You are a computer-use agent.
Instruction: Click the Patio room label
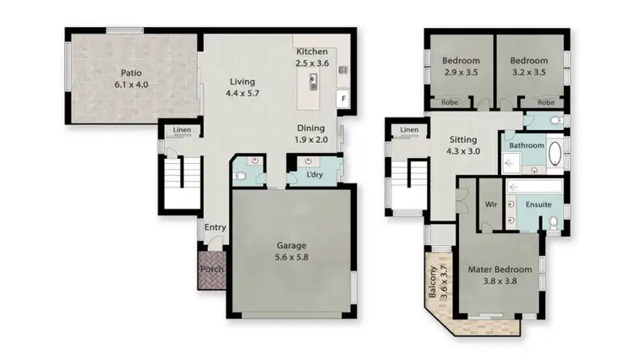tap(130, 73)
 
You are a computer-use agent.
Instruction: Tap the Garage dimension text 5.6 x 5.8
tap(292, 259)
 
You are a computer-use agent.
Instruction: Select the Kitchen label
tap(311, 52)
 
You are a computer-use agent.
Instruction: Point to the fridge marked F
tap(342, 98)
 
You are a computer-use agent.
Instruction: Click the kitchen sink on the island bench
tap(314, 81)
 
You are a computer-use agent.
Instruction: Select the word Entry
tap(215, 227)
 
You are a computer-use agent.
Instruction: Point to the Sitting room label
tap(462, 140)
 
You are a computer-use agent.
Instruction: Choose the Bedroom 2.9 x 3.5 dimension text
tap(462, 73)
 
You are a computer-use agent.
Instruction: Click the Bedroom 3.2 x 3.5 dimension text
tap(528, 73)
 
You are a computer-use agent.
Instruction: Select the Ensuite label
tap(538, 204)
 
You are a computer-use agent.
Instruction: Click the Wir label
tap(490, 204)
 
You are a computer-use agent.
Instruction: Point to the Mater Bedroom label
tap(500, 270)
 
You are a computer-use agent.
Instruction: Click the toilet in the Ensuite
tap(552, 222)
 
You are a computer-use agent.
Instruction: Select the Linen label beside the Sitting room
tap(408, 129)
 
